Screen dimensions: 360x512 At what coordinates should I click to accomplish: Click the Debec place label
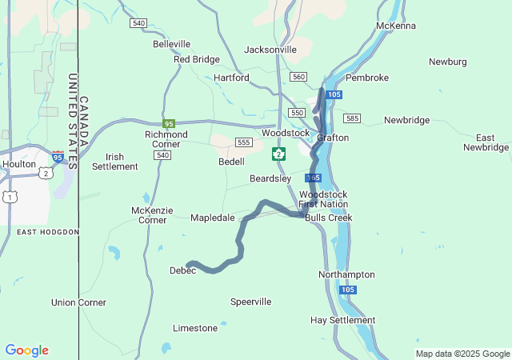point(182,270)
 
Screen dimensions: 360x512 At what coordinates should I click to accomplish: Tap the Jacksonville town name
point(270,50)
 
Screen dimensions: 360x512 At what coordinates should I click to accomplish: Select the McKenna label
point(396,26)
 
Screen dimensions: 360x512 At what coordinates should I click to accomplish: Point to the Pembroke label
point(367,78)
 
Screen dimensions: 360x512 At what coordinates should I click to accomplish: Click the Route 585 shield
point(352,118)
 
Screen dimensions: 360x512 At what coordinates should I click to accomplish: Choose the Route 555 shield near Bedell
point(244,142)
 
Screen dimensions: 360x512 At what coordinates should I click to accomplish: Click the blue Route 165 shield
point(313,178)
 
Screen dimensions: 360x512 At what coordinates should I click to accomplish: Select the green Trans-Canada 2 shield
point(278,153)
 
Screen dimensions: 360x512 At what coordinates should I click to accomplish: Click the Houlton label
point(19,164)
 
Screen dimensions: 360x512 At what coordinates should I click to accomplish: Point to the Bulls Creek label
point(328,218)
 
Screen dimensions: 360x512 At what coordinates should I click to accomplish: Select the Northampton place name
point(346,274)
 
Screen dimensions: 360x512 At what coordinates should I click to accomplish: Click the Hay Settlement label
point(342,320)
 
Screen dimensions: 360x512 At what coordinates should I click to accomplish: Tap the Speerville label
point(250,302)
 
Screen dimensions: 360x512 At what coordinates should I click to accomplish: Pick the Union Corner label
point(78,302)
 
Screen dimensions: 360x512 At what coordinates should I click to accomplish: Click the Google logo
point(27,350)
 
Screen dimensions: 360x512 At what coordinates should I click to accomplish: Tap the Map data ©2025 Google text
point(462,354)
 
